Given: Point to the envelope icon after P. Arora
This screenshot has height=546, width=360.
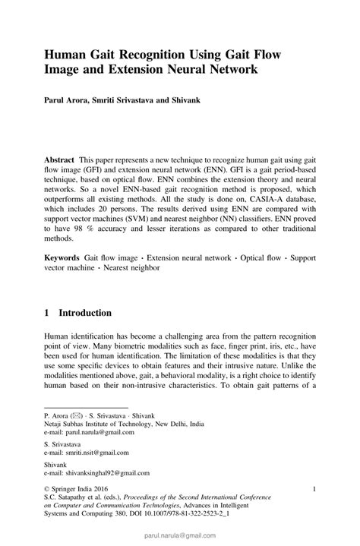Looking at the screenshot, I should click(x=76, y=416).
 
